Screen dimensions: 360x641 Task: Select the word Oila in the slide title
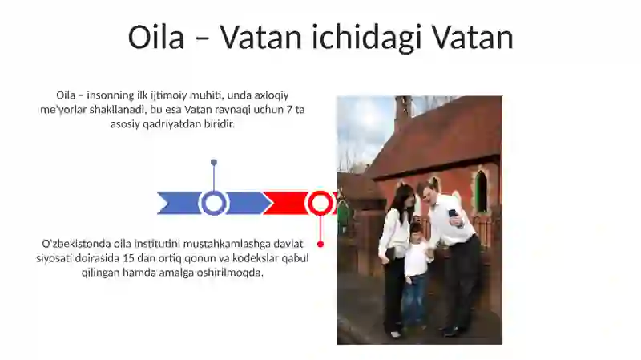coord(156,38)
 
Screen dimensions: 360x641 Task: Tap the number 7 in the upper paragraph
coord(289,109)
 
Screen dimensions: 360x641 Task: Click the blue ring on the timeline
coord(214,203)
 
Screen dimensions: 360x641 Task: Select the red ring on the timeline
coord(320,203)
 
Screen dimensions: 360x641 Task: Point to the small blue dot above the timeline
coord(214,162)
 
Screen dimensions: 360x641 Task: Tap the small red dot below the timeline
coord(320,244)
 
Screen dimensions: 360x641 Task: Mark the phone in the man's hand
coord(453,214)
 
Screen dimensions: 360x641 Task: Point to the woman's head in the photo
coord(401,197)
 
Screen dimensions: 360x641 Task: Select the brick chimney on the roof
coord(402,112)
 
